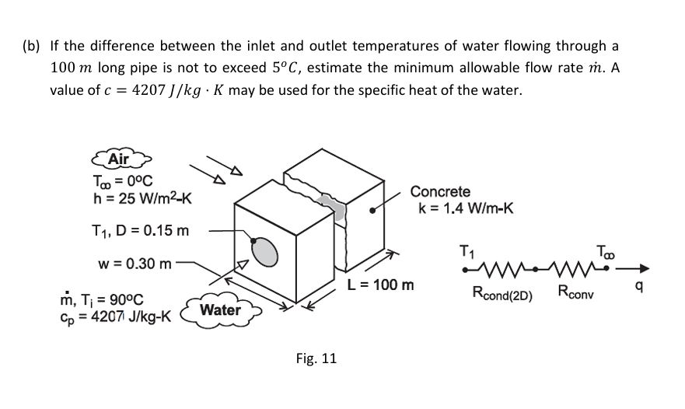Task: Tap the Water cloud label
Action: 221,309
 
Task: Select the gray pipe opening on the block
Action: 264,251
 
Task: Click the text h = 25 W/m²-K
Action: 142,198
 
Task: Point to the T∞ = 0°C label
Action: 123,180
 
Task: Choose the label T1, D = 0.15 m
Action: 140,230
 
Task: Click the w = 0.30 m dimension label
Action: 135,264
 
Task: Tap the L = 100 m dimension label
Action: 380,285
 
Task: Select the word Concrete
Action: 440,191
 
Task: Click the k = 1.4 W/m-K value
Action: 466,208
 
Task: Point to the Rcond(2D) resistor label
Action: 502,293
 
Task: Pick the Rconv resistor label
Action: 575,292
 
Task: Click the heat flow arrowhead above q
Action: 644,269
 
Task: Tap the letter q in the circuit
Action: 638,287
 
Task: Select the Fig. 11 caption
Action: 316,358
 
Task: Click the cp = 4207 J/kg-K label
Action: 116,316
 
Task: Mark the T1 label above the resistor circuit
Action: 467,252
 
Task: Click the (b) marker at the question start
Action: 31,46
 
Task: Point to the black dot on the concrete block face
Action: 372,211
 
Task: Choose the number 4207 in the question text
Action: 149,90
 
